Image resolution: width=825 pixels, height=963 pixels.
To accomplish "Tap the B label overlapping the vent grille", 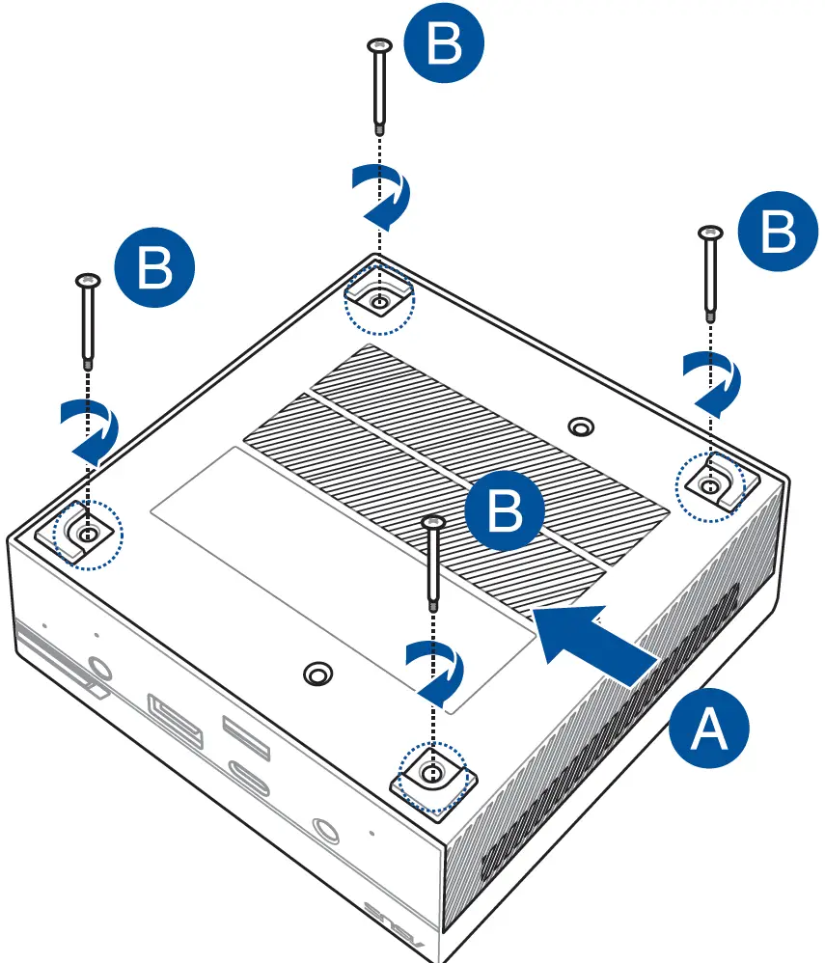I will tap(505, 510).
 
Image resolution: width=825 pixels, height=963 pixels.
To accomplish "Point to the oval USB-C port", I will tap(260, 776).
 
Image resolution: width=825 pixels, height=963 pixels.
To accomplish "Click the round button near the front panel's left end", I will tap(98, 667).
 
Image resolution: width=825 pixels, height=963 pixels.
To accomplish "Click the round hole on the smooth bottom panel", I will tap(316, 673).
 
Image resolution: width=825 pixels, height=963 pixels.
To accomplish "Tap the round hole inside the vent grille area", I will tap(580, 426).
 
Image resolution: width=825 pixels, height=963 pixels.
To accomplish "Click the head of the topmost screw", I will tap(379, 44).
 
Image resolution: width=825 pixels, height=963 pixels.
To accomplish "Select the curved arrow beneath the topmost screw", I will tap(382, 193).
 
